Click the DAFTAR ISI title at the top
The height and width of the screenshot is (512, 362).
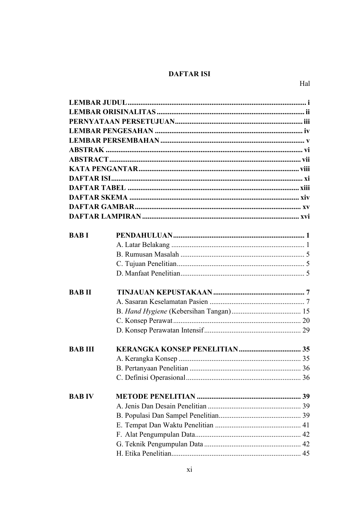189,74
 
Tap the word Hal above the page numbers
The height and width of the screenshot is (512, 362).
305,84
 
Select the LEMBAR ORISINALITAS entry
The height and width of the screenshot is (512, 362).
112,112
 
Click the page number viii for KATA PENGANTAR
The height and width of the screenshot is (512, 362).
305,169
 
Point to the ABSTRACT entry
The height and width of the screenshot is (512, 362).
89,160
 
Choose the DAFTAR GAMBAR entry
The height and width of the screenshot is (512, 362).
102,207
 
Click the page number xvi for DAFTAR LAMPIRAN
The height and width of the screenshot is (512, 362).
305,217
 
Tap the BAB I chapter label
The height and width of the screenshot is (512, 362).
78,235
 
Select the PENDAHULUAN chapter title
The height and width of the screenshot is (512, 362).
144,235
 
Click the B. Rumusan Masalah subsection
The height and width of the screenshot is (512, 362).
148,254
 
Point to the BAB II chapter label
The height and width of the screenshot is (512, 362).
80,292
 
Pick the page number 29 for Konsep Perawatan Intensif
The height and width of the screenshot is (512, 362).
306,330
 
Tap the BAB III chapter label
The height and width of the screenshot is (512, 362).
82,349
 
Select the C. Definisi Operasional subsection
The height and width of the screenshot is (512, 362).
151,378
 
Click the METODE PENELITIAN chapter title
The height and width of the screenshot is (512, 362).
155,396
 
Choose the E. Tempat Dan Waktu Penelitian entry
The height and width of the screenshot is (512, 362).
165,425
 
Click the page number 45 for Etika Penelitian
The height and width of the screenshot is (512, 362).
306,454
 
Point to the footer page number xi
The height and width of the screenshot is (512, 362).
189,470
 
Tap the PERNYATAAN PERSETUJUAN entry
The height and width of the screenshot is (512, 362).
122,122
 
